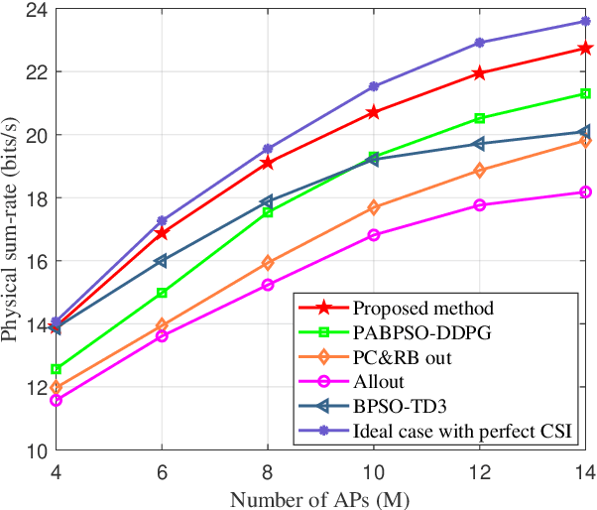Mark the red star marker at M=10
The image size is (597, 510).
(374, 112)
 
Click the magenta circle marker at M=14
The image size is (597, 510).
(586, 191)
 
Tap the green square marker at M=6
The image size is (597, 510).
(162, 293)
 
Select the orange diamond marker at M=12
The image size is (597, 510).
(480, 171)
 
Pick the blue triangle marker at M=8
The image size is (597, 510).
(267, 201)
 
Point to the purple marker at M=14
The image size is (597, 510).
(586, 21)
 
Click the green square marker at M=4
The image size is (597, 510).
(56, 369)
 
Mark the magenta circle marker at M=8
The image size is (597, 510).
(268, 285)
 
